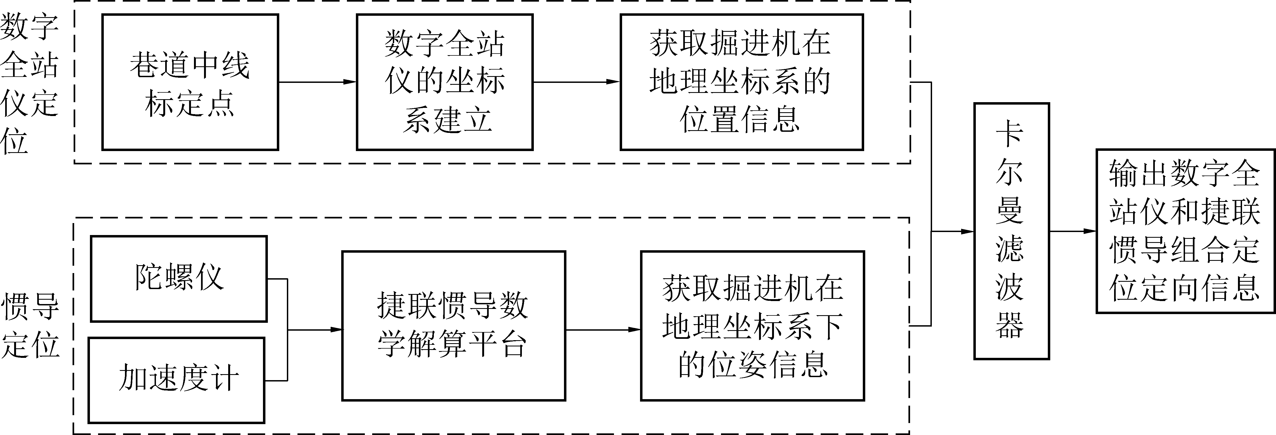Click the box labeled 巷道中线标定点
[x=190, y=82]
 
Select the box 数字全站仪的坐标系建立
[x=444, y=82]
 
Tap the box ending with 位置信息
[x=742, y=82]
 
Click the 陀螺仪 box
[x=179, y=278]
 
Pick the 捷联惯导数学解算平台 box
[x=453, y=326]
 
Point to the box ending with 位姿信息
[x=753, y=326]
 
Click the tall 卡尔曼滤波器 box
[x=1011, y=231]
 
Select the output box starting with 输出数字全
[x=1185, y=231]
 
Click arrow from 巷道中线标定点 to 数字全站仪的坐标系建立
[x=317, y=82]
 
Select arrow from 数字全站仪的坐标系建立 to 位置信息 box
[x=576, y=82]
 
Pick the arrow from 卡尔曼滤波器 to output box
[x=1073, y=231]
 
